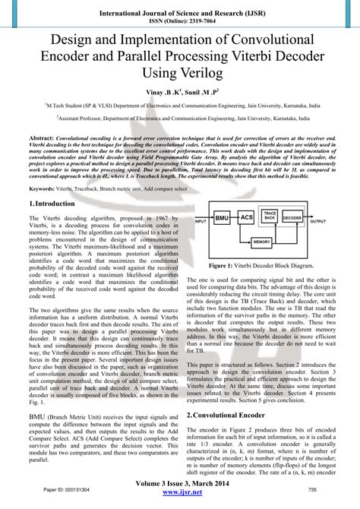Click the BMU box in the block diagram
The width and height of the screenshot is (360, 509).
pyautogui.click(x=222, y=219)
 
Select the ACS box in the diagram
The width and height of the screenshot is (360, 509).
pyautogui.click(x=246, y=219)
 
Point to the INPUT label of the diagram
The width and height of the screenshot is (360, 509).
pyautogui.click(x=201, y=222)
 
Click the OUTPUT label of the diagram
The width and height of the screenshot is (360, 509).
pyautogui.click(x=318, y=222)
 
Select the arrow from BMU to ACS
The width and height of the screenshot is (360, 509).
pyautogui.click(x=233, y=219)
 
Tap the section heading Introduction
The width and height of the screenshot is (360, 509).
pyautogui.click(x=54, y=204)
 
